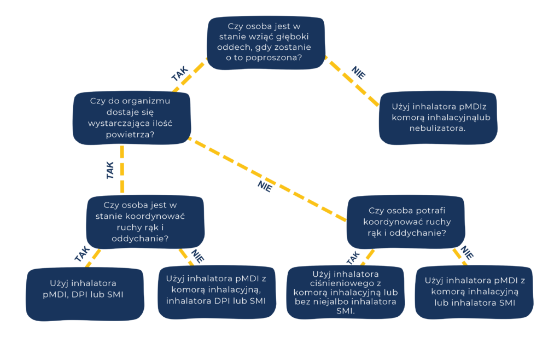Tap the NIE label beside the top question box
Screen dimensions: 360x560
tap(358, 73)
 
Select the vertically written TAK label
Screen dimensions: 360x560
tap(110, 170)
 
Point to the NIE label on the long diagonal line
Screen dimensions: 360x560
tap(265, 186)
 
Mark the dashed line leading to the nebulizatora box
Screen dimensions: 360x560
tap(353, 80)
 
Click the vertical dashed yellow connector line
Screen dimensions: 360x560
tap(122, 170)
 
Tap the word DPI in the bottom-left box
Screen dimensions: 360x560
tap(85, 295)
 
